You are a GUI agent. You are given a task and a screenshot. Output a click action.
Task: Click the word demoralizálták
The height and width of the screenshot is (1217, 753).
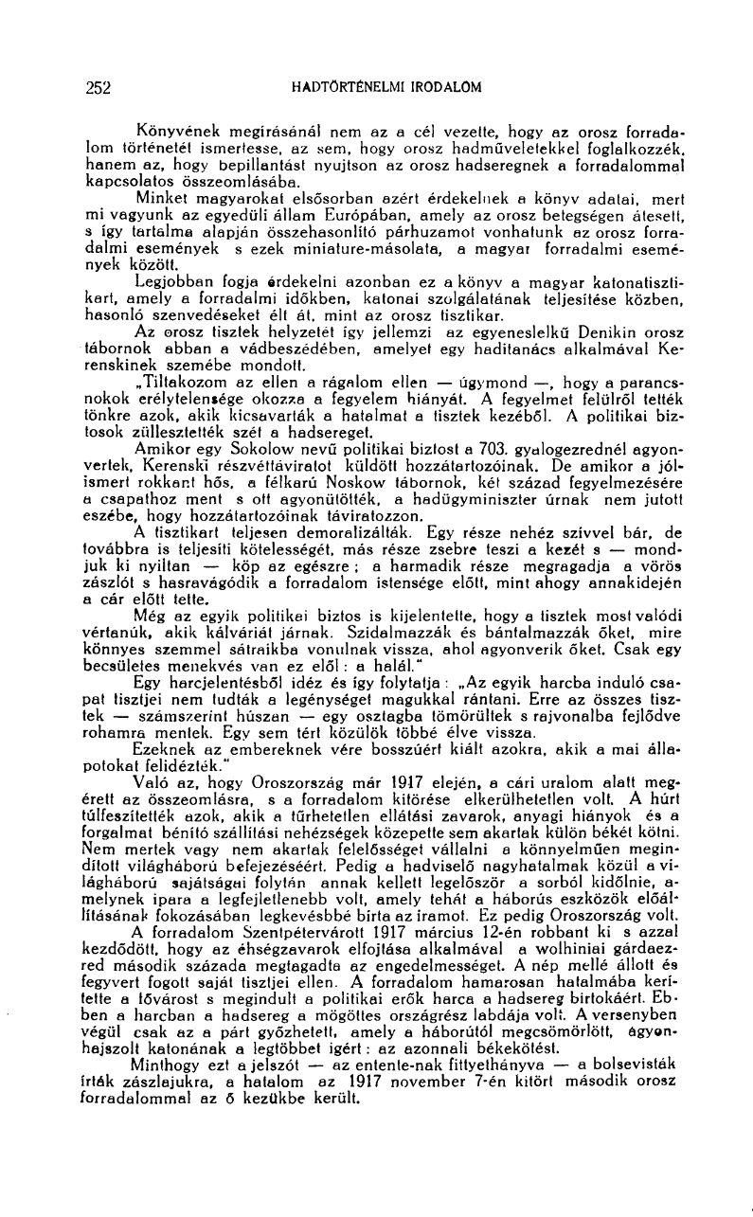355,558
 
